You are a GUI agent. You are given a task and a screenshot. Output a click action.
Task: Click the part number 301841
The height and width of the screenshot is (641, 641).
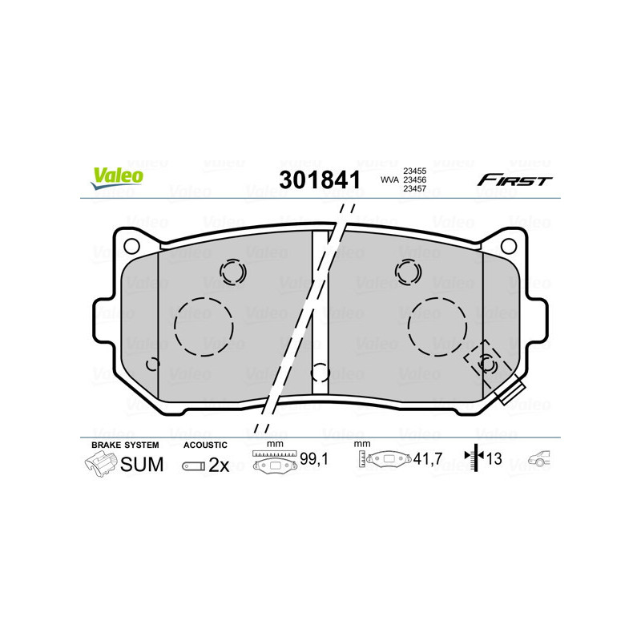click(x=318, y=180)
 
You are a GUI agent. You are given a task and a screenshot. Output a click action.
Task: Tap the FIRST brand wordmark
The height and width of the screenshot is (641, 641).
click(x=514, y=180)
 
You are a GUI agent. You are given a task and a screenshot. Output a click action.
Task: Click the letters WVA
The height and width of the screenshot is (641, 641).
click(x=389, y=180)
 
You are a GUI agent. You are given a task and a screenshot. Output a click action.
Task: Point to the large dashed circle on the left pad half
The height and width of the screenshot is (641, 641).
click(x=204, y=326)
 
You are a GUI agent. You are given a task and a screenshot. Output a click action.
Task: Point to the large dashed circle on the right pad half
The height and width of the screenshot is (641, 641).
click(x=437, y=326)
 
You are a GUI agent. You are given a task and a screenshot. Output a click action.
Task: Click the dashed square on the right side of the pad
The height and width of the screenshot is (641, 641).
click(x=483, y=361)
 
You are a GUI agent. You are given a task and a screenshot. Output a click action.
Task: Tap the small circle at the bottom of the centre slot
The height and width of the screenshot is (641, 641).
click(x=320, y=373)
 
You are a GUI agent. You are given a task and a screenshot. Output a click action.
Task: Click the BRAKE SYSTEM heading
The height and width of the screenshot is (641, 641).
click(x=125, y=444)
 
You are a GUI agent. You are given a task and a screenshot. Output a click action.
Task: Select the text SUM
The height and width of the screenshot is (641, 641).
click(x=142, y=465)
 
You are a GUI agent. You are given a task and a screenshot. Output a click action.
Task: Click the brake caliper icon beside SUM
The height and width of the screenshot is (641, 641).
click(x=100, y=464)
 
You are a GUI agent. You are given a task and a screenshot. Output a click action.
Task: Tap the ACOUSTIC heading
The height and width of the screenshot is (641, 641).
click(x=205, y=444)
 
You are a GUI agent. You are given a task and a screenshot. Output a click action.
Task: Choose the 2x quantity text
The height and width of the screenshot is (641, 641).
click(x=219, y=466)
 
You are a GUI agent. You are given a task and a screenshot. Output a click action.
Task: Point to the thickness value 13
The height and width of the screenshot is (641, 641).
click(x=494, y=460)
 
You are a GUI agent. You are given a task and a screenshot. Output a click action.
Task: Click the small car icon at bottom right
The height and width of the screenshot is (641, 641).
click(x=539, y=460)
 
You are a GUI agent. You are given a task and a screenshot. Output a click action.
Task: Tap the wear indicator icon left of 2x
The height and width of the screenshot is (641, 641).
click(x=193, y=466)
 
